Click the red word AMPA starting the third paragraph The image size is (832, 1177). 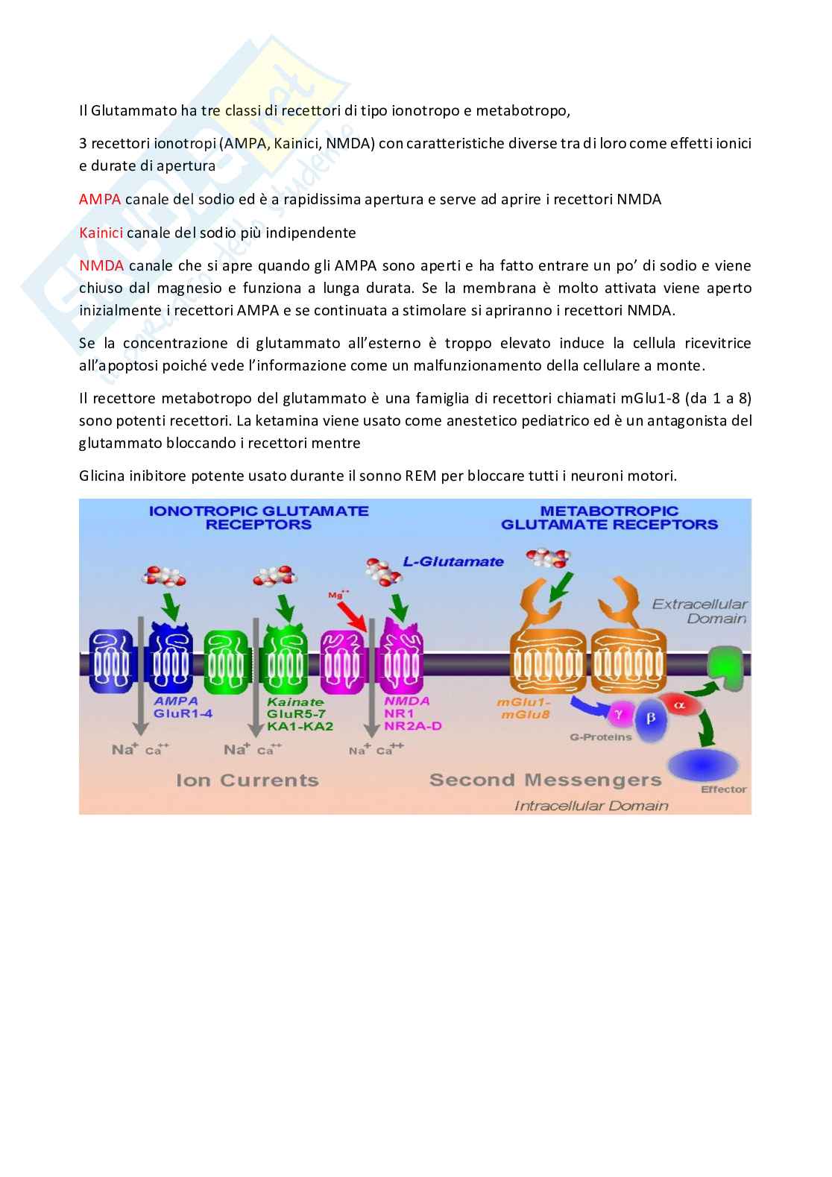pos(100,199)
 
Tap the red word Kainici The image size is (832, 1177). pos(101,233)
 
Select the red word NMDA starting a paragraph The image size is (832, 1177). pos(101,265)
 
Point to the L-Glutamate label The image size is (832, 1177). pos(453,561)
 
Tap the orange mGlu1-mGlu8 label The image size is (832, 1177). pos(524,708)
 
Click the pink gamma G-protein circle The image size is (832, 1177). pos(619,714)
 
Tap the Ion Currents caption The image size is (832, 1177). pos(247,780)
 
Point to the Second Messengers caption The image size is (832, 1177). pos(545,780)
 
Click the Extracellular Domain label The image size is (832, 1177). pos(699,610)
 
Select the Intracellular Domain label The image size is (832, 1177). pos(591,805)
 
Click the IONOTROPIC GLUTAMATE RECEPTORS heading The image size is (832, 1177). pos(259,517)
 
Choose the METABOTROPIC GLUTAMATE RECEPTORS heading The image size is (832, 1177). pos(609,517)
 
